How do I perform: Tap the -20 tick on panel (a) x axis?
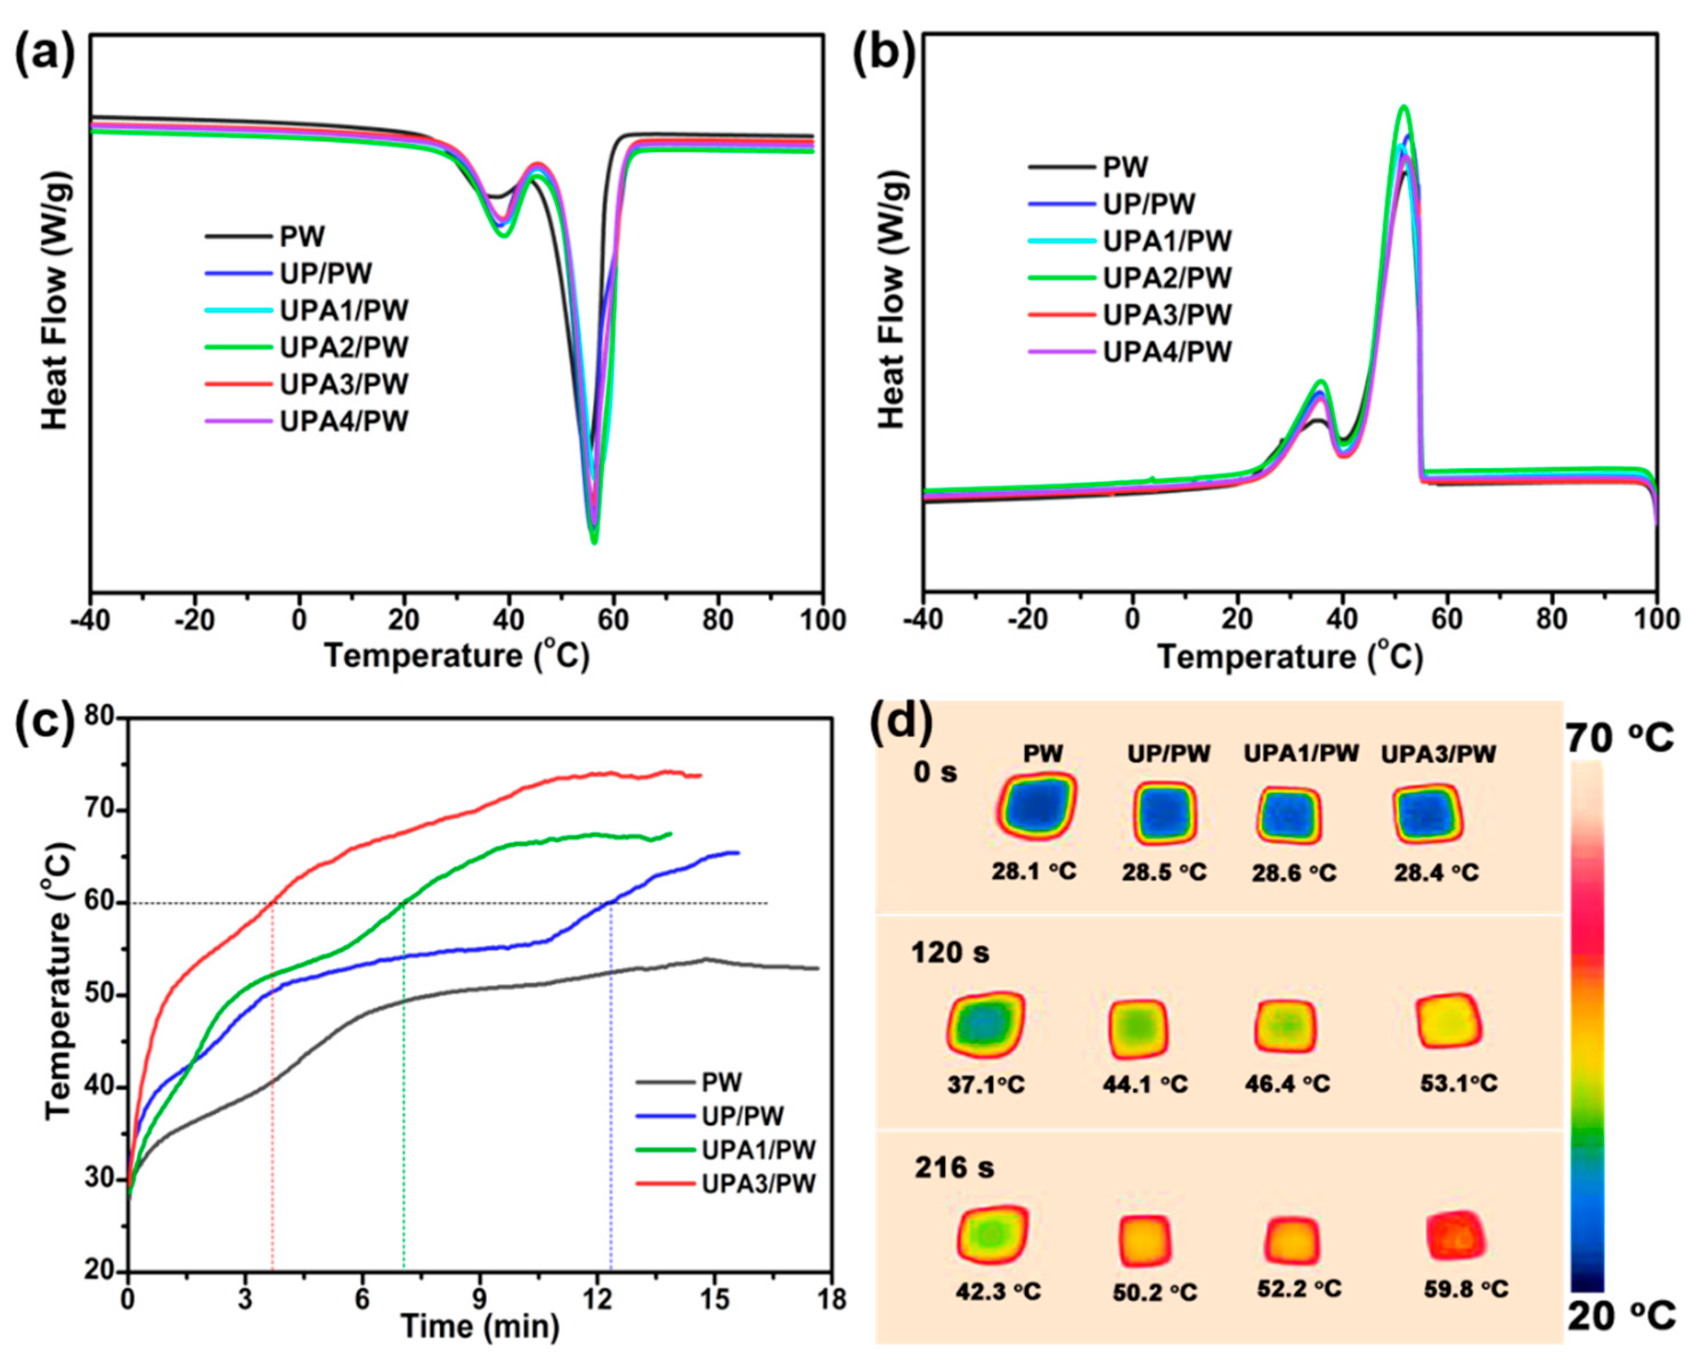click(195, 620)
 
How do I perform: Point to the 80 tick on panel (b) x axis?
click(1551, 620)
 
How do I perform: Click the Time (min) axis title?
click(480, 1326)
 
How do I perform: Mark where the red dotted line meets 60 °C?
click(273, 903)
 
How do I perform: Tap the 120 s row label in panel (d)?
click(950, 953)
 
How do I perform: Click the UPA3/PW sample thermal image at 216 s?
click(1455, 1235)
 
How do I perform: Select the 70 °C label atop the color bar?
click(1619, 740)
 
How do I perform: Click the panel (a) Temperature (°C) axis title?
click(457, 655)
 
